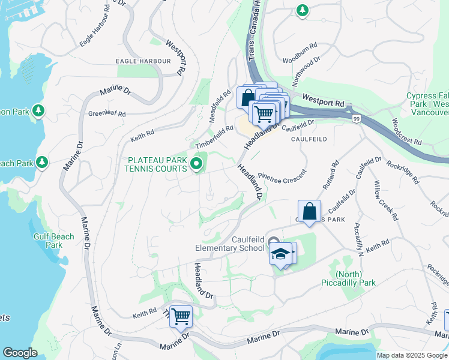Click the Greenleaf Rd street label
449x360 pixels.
(107, 113)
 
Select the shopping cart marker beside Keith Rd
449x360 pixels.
(180, 316)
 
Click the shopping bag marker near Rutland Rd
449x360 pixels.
(309, 211)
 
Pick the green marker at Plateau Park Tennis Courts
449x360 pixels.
(196, 163)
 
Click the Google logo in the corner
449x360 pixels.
(20, 353)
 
